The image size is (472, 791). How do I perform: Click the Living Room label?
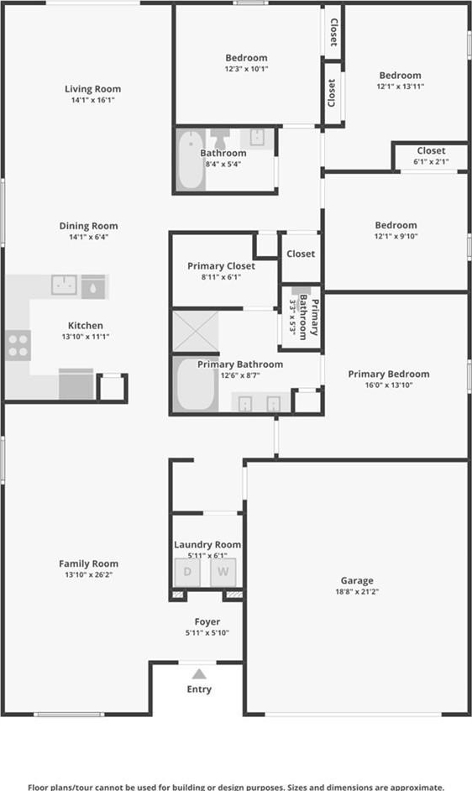pyautogui.click(x=93, y=89)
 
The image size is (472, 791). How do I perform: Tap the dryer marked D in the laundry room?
pyautogui.click(x=187, y=572)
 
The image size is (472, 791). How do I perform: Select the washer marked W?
pyautogui.click(x=223, y=572)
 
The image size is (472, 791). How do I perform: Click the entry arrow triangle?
pyautogui.click(x=199, y=674)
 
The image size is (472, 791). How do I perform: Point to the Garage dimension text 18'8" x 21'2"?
pyautogui.click(x=357, y=592)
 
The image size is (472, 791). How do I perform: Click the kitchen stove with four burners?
pyautogui.click(x=18, y=346)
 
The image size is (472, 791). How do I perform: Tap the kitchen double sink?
pyautogui.click(x=64, y=285)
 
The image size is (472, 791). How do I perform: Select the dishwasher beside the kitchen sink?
pyautogui.click(x=93, y=286)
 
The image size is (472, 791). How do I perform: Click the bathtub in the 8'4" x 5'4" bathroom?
pyautogui.click(x=190, y=160)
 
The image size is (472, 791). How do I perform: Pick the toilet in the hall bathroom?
pyautogui.click(x=220, y=137)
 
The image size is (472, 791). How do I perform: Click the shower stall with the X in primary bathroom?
pyautogui.click(x=196, y=332)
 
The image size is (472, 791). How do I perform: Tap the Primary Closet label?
pyautogui.click(x=221, y=266)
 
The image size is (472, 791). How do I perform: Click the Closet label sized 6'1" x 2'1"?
pyautogui.click(x=431, y=150)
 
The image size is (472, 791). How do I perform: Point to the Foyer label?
pyautogui.click(x=207, y=622)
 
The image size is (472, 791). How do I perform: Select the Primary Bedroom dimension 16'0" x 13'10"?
pyautogui.click(x=389, y=385)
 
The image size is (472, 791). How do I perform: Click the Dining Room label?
pyautogui.click(x=88, y=226)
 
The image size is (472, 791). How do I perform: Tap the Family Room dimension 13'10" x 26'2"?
pyautogui.click(x=88, y=574)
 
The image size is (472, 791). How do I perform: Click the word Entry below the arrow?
pyautogui.click(x=199, y=689)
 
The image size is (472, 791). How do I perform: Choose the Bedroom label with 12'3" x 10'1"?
pyautogui.click(x=246, y=58)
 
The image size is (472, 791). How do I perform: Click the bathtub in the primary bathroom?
pyautogui.click(x=196, y=385)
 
